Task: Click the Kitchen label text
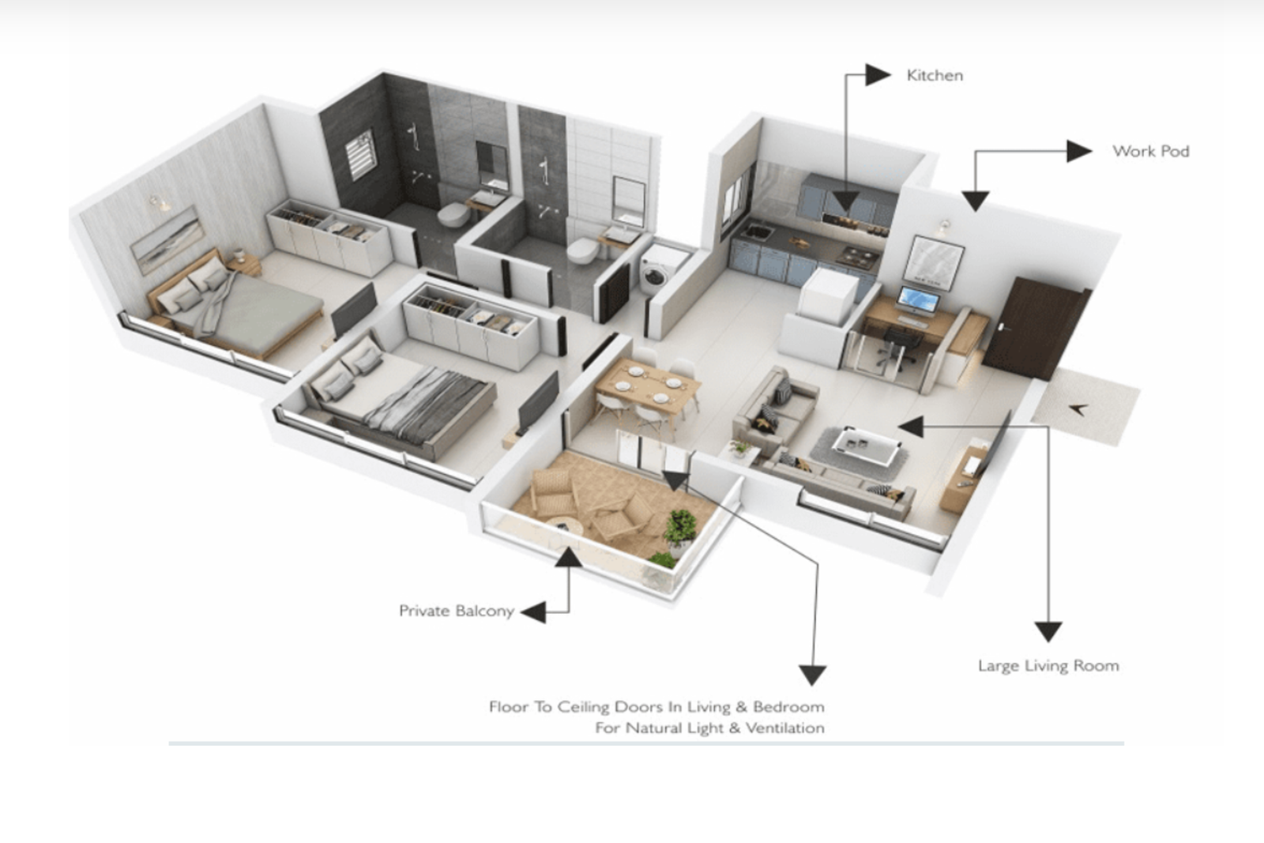[935, 76]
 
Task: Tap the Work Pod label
[1150, 151]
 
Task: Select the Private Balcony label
[457, 611]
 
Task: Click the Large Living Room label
[1048, 666]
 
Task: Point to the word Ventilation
[785, 728]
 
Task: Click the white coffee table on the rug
[866, 446]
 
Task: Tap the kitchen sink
[758, 232]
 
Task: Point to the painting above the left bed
[167, 239]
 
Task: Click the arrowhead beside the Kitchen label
[878, 75]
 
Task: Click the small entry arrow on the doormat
[1078, 410]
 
